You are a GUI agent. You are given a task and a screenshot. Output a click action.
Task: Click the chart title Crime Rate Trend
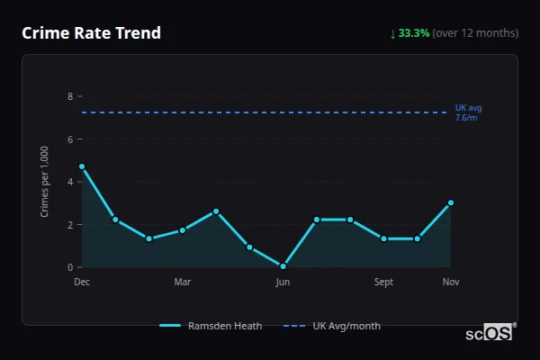click(x=91, y=33)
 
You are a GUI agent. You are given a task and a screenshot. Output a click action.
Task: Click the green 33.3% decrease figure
click(x=414, y=33)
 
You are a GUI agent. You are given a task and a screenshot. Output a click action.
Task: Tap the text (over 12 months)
click(x=475, y=33)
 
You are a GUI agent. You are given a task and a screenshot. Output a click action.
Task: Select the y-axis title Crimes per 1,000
click(x=45, y=182)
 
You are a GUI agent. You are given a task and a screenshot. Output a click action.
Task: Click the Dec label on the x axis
click(x=82, y=283)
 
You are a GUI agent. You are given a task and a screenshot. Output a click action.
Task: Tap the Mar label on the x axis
click(x=183, y=283)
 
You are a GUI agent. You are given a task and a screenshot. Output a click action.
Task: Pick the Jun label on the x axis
click(x=283, y=283)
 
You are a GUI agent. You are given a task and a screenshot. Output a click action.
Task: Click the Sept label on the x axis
click(x=383, y=283)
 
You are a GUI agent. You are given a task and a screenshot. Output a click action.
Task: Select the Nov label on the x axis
click(x=451, y=283)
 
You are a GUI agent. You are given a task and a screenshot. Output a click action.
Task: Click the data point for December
click(x=82, y=166)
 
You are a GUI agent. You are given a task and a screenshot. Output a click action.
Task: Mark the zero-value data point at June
click(x=283, y=266)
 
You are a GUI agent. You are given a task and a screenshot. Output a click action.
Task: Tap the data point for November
click(x=451, y=202)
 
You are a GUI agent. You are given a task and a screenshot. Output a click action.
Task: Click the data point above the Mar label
click(x=183, y=230)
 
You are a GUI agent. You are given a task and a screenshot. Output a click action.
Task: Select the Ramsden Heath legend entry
click(x=211, y=326)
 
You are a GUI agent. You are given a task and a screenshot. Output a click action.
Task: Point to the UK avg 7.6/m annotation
click(x=469, y=112)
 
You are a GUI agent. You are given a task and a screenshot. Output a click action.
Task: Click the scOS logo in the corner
click(x=490, y=333)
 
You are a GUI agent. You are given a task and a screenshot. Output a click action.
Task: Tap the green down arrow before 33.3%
click(x=392, y=33)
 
